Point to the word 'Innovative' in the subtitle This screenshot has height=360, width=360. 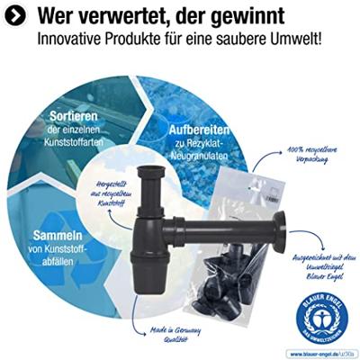click(x=67, y=40)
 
